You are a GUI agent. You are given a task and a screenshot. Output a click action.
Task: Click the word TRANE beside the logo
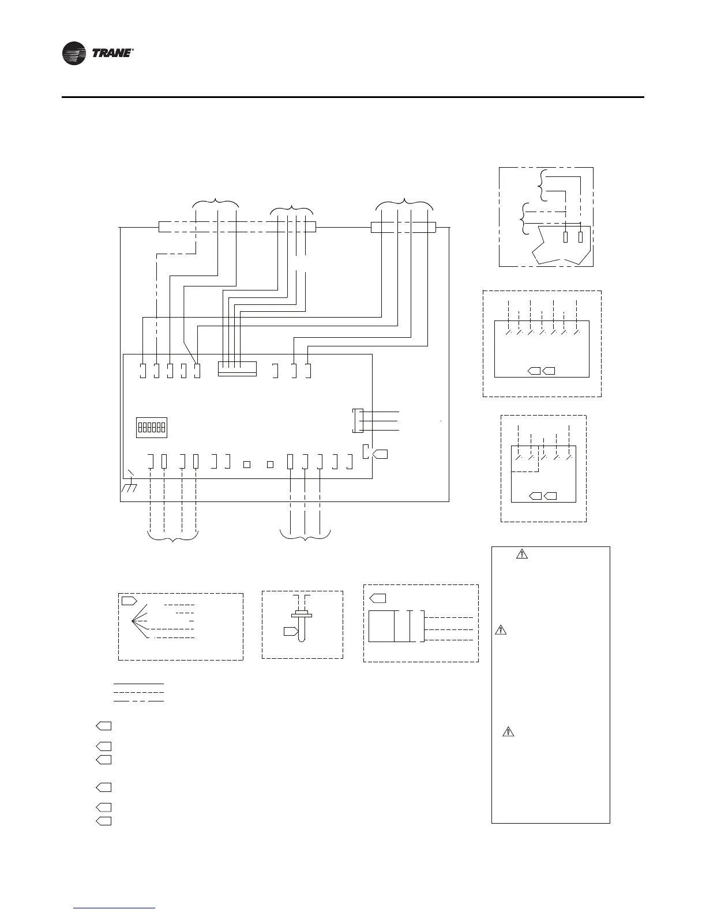pos(112,54)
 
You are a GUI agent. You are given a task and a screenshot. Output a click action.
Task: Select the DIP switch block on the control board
pos(151,428)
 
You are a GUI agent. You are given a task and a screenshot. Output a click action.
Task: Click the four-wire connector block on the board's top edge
pos(237,369)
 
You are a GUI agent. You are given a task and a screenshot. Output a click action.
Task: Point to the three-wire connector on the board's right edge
pos(357,421)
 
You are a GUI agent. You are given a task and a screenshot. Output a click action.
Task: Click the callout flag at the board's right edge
pos(380,454)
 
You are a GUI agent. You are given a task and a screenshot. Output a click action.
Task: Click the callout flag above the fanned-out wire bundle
pos(129,601)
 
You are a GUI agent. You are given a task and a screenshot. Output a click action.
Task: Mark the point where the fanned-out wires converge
pos(133,621)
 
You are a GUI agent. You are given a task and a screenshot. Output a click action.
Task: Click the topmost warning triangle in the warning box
pos(521,554)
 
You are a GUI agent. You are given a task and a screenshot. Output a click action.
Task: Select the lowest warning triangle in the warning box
pos(508,732)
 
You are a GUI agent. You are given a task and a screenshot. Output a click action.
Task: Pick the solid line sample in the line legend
pos(138,684)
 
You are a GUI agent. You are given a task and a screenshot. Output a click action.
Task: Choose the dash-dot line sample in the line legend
pos(138,701)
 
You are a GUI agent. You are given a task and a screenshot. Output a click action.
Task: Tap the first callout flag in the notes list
pos(103,725)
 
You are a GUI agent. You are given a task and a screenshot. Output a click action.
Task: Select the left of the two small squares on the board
pos(246,464)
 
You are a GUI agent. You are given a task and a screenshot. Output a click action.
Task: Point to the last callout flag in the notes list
pos(103,821)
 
